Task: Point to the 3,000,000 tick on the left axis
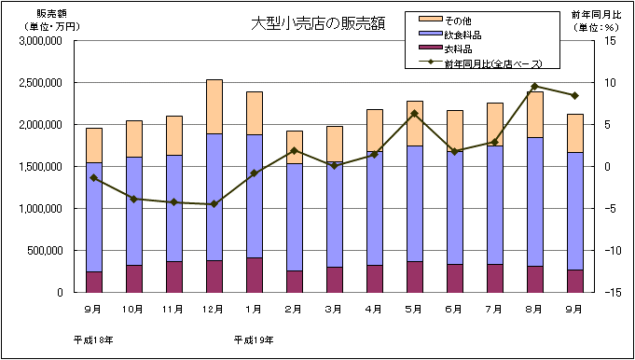click(41, 41)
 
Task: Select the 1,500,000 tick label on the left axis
click(41, 167)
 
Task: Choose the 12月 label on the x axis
click(214, 309)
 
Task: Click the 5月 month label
click(415, 309)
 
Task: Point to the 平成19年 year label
click(254, 339)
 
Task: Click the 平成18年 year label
click(93, 339)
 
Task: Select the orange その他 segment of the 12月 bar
click(214, 106)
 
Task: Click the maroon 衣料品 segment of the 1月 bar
click(255, 275)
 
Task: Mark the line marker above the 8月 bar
click(535, 87)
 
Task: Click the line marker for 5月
click(415, 114)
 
